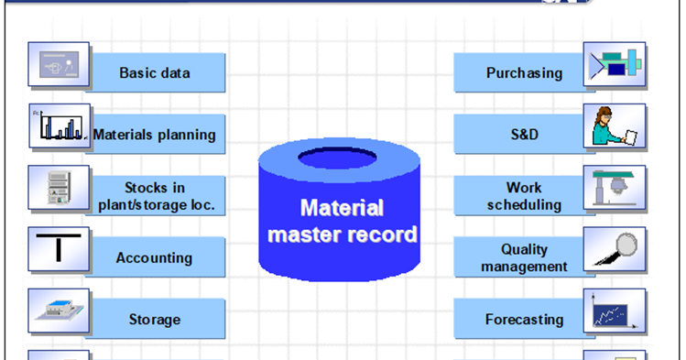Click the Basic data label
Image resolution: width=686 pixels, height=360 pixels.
pyautogui.click(x=154, y=72)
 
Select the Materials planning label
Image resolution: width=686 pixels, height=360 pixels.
pyautogui.click(x=154, y=135)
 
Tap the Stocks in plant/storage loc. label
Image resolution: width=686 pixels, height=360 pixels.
pyautogui.click(x=156, y=196)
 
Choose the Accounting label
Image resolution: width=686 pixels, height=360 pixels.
pyautogui.click(x=154, y=258)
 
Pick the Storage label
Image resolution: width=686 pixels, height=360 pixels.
pyautogui.click(x=154, y=320)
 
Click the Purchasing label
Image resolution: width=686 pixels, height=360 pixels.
pyautogui.click(x=524, y=72)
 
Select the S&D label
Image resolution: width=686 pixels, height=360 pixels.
pyautogui.click(x=524, y=135)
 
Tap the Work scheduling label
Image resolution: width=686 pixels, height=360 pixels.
pyautogui.click(x=524, y=196)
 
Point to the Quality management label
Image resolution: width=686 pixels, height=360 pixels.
pyautogui.click(x=524, y=257)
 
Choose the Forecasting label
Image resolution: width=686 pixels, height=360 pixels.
pyautogui.click(x=524, y=320)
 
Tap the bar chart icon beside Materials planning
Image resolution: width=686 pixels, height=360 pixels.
pyautogui.click(x=59, y=126)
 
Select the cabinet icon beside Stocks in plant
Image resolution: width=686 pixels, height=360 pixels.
pyautogui.click(x=59, y=188)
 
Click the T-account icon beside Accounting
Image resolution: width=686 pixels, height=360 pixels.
pyautogui.click(x=59, y=249)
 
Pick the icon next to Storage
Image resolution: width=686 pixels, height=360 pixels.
pyautogui.click(x=59, y=311)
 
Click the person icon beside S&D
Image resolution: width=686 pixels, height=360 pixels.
pyautogui.click(x=615, y=126)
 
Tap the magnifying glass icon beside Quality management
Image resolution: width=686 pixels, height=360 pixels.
pyautogui.click(x=615, y=249)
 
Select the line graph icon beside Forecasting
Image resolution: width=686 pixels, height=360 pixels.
pyautogui.click(x=615, y=311)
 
